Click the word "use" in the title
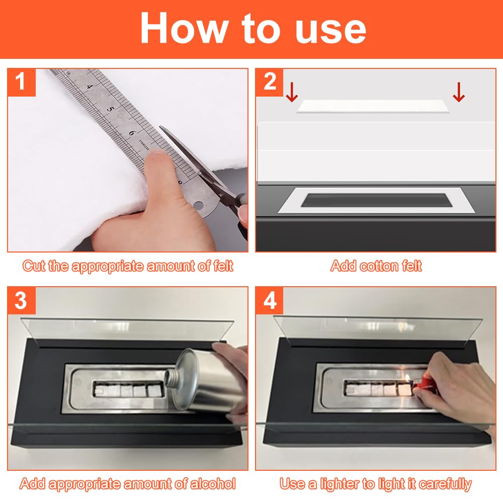tap(330, 30)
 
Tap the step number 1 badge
tap(21, 82)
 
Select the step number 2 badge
tap(270, 82)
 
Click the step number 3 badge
tap(21, 301)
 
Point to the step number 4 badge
tap(270, 301)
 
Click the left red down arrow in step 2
tap(292, 92)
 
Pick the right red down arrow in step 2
tap(459, 92)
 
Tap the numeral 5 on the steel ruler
tap(110, 109)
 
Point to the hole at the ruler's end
tap(199, 205)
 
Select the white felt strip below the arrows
tap(374, 106)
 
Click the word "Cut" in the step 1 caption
tap(34, 266)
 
